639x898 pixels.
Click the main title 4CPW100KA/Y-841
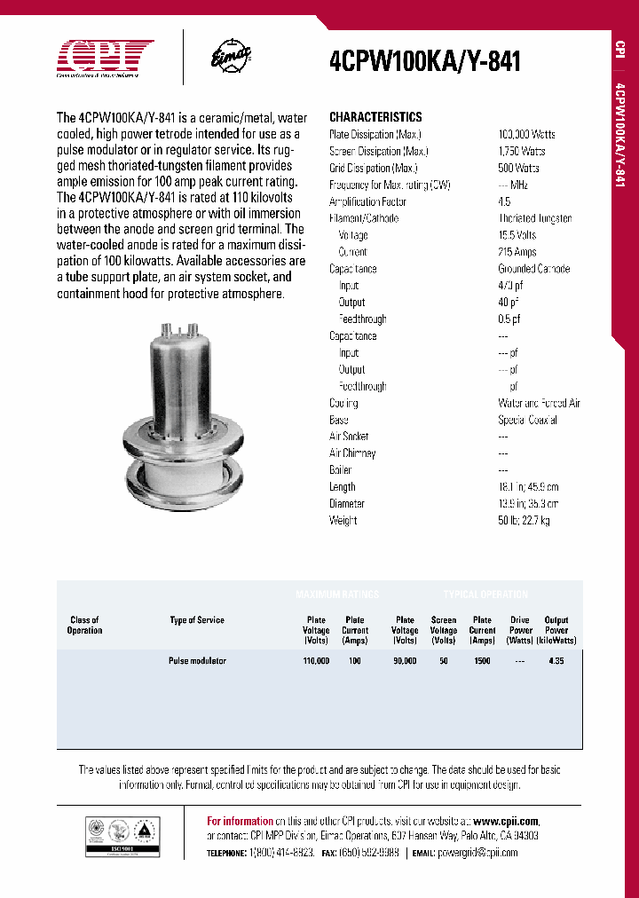tap(424, 61)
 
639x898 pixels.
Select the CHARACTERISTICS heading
tap(375, 117)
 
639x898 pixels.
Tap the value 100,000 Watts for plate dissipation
tap(526, 134)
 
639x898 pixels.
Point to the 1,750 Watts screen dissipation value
tap(522, 151)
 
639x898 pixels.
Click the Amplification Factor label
tap(367, 201)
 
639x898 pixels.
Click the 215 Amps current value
tap(517, 252)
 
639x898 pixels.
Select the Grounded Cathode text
tap(533, 269)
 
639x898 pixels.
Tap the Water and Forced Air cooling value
tap(539, 403)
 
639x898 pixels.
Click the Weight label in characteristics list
tap(343, 520)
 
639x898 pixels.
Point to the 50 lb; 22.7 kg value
tap(524, 520)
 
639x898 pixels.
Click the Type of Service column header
tap(197, 620)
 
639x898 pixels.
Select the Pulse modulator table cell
tap(197, 661)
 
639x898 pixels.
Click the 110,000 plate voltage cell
tap(316, 661)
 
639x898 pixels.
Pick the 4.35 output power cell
tap(556, 661)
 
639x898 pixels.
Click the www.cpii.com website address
tap(505, 821)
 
